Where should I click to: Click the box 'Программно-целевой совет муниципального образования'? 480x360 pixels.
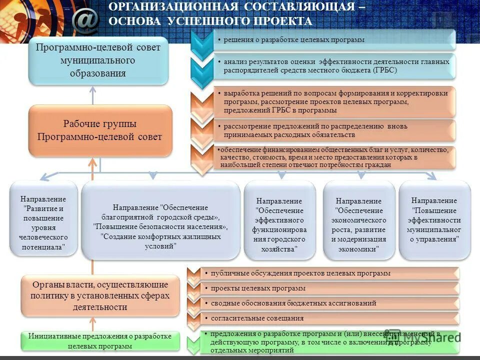click(98, 60)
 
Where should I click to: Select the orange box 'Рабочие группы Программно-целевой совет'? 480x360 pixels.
click(100, 130)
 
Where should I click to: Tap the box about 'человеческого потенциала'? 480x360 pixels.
click(43, 220)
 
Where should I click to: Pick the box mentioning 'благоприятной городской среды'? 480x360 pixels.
click(160, 220)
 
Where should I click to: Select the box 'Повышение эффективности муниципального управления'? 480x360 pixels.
click(434, 220)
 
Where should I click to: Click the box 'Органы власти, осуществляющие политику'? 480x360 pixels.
click(100, 295)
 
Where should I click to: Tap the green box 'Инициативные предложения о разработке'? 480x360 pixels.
click(100, 340)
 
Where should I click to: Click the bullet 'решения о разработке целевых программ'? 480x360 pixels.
click(294, 39)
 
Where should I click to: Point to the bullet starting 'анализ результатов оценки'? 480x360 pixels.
click(336, 65)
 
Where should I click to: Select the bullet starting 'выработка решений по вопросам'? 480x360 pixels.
click(335, 101)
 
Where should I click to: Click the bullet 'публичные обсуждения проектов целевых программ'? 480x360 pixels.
click(300, 273)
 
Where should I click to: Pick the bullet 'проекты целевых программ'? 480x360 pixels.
click(258, 288)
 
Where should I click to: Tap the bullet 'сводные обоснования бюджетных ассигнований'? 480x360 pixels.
click(293, 303)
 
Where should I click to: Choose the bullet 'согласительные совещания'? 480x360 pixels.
click(257, 318)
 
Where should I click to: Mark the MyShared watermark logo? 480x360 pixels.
click(434, 336)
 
